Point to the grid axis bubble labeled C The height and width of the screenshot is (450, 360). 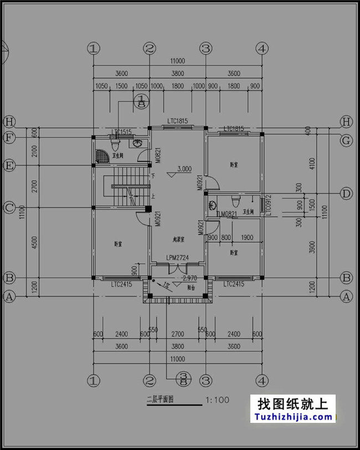(x=9, y=208)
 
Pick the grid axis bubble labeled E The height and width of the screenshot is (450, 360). (x=9, y=165)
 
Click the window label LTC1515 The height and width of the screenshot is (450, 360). (x=121, y=132)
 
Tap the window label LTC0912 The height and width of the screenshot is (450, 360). (x=268, y=205)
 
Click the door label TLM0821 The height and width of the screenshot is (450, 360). (x=227, y=213)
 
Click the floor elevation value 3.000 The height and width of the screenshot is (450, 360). (x=184, y=169)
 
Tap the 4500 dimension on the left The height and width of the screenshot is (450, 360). (x=35, y=243)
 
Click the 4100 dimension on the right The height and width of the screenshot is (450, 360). (x=313, y=163)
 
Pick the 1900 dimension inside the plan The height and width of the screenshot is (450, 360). (x=247, y=238)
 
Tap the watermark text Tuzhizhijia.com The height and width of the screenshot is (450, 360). (x=294, y=417)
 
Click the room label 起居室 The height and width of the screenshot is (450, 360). (x=179, y=239)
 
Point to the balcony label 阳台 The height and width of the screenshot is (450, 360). (x=191, y=288)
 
